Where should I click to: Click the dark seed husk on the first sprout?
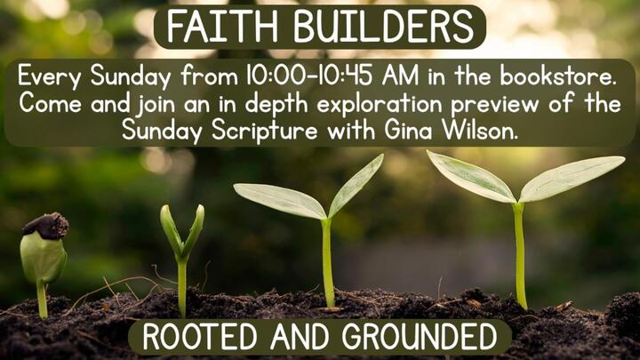coord(44,225)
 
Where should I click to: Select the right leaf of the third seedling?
coord(357,183)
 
